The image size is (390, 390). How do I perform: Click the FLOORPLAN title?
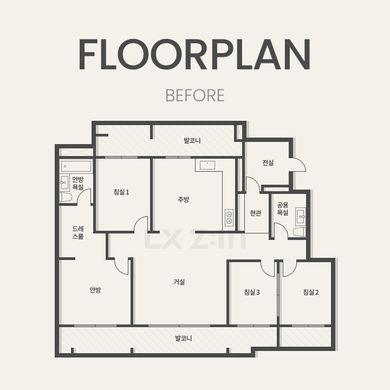click(x=195, y=54)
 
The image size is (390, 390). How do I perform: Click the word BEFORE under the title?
click(x=195, y=95)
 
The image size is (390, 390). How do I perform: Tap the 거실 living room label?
click(x=179, y=282)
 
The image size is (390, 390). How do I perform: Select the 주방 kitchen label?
click(x=184, y=199)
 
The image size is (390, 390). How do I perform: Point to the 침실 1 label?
click(x=121, y=192)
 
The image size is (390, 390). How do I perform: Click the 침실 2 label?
click(x=311, y=292)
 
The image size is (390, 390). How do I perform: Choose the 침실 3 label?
click(x=252, y=292)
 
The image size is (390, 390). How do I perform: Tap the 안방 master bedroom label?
click(x=95, y=290)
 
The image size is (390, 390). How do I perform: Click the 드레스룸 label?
click(x=78, y=232)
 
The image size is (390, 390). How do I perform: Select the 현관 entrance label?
click(x=256, y=213)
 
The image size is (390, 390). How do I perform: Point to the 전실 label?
click(x=268, y=162)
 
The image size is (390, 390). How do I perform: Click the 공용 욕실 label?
click(x=283, y=209)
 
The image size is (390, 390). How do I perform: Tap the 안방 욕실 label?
click(x=78, y=183)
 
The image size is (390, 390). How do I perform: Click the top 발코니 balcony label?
click(x=192, y=140)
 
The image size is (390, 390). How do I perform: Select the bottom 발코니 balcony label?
click(x=184, y=338)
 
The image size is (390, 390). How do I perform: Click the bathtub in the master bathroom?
click(x=76, y=166)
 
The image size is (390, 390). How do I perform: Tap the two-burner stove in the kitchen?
click(x=229, y=218)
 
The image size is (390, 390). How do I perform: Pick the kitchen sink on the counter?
click(x=207, y=165)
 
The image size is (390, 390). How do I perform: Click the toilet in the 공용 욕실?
click(x=300, y=232)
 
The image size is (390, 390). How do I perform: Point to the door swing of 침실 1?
click(x=139, y=222)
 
